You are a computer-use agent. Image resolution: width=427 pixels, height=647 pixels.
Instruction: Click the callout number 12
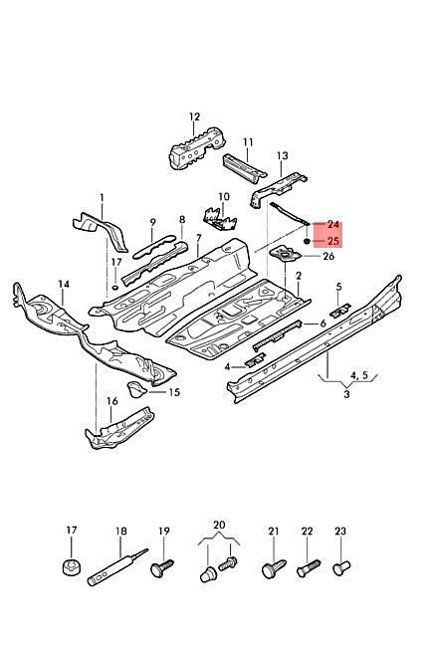pyautogui.click(x=194, y=116)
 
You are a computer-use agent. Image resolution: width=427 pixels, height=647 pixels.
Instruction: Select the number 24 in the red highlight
pyautogui.click(x=332, y=225)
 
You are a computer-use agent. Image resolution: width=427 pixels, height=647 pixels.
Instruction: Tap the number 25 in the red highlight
pyautogui.click(x=332, y=241)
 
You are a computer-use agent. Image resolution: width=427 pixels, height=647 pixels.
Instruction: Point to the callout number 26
pyautogui.click(x=328, y=256)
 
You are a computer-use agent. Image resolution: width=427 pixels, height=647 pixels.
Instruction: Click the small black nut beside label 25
pyautogui.click(x=307, y=241)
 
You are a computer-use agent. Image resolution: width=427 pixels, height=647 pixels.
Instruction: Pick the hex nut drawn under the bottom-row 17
pyautogui.click(x=72, y=567)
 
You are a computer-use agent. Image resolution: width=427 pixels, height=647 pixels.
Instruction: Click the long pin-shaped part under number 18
pyautogui.click(x=117, y=567)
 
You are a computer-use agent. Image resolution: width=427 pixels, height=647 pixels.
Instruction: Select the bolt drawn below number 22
pyautogui.click(x=309, y=568)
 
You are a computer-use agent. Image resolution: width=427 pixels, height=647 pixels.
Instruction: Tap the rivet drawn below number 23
pyautogui.click(x=341, y=567)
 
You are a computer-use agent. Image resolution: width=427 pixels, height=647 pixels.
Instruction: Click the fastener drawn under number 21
pyautogui.click(x=274, y=568)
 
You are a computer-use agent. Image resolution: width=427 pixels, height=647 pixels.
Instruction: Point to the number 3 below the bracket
pyautogui.click(x=346, y=393)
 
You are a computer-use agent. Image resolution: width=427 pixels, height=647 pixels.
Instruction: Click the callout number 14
pyautogui.click(x=64, y=284)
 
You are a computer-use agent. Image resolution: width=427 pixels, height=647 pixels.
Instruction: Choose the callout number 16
pyautogui.click(x=112, y=401)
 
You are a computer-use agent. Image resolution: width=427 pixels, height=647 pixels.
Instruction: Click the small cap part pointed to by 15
pyautogui.click(x=135, y=389)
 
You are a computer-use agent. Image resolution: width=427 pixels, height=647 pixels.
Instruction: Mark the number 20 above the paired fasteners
pyautogui.click(x=219, y=525)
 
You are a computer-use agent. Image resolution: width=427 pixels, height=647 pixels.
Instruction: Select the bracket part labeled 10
pyautogui.click(x=221, y=219)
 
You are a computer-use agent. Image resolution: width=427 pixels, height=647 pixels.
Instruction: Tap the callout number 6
pyautogui.click(x=322, y=323)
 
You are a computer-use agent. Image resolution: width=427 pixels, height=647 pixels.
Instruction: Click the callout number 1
pyautogui.click(x=102, y=198)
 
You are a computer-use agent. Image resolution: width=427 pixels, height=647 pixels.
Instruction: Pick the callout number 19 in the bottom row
pyautogui.click(x=164, y=531)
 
